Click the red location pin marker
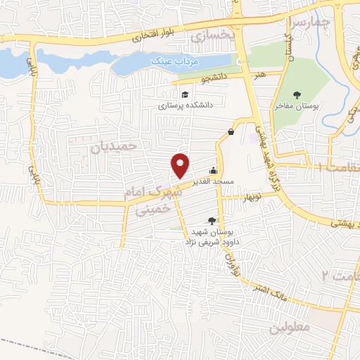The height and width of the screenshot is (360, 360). click(181, 165)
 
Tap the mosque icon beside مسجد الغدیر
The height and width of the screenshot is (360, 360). click(213, 171)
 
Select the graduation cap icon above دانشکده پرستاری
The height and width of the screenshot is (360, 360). click(184, 95)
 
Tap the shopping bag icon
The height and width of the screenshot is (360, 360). click(231, 132)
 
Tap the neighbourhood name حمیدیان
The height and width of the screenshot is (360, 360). click(112, 146)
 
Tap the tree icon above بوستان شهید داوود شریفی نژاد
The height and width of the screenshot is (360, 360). click(212, 221)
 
